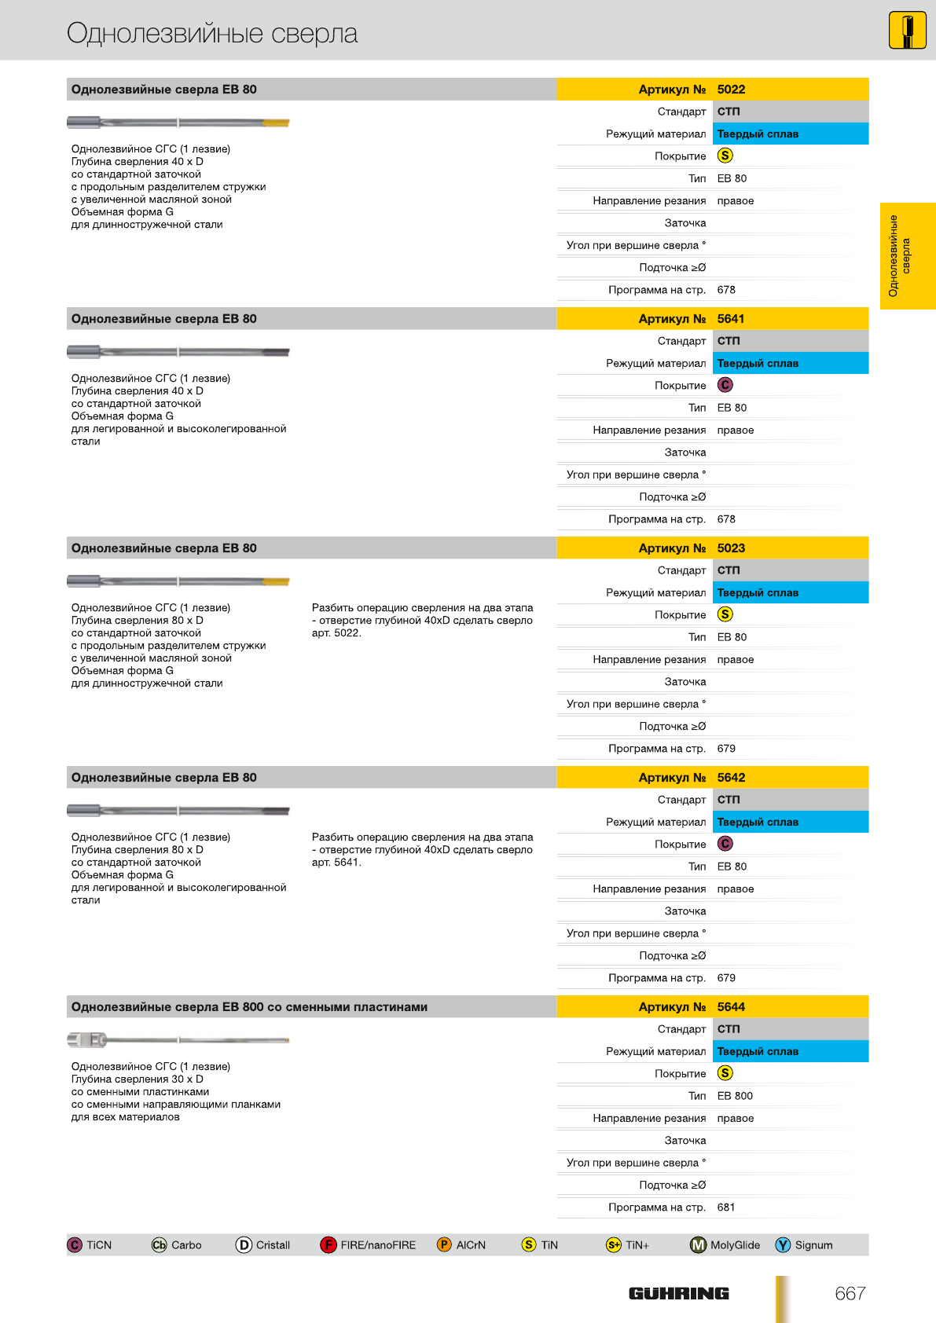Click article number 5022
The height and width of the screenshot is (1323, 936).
coord(731,90)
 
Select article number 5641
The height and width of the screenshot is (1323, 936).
coord(731,319)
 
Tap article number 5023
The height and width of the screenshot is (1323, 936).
coord(731,548)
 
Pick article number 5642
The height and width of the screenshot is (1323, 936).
coord(731,778)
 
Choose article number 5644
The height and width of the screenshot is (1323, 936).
coord(731,1007)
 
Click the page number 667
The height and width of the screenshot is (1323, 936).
coord(850,1294)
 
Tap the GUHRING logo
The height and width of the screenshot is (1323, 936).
coord(679,1294)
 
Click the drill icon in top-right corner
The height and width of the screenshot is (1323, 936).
coord(908,31)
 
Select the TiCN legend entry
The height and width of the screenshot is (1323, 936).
coord(90,1245)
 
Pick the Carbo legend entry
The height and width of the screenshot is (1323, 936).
coord(177,1245)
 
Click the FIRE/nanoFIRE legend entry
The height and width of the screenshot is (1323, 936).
coord(369,1245)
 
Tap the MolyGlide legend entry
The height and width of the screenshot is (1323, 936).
coord(725,1245)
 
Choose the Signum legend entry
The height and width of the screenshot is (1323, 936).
coord(805,1245)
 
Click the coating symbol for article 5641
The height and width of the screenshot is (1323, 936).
coord(725,385)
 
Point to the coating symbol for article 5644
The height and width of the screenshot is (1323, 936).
coord(725,1073)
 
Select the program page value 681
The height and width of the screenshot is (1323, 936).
coord(726,1208)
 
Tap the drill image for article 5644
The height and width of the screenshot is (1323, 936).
coord(178,1040)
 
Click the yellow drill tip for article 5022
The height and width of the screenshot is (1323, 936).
coord(276,123)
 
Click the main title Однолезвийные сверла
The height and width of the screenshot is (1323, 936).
coord(212,33)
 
